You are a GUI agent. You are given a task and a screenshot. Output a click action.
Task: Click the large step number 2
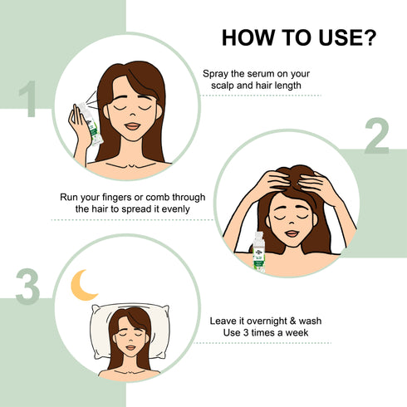click(376, 138)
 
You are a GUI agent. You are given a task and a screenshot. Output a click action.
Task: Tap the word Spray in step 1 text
click(218, 74)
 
